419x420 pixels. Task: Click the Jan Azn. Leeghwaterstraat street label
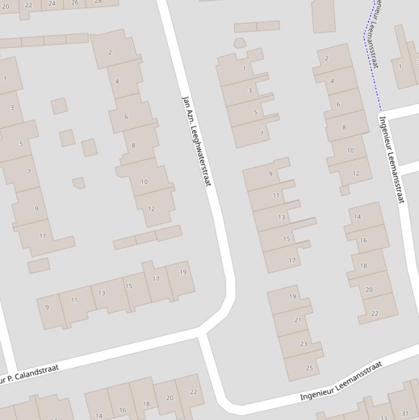tap(196, 140)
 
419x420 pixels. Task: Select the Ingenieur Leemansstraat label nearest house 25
tap(341, 381)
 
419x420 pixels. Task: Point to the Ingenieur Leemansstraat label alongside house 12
tap(392, 159)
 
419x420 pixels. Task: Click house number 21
tap(297, 320)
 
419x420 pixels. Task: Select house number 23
tap(303, 344)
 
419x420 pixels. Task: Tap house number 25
tap(309, 368)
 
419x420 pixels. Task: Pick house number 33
tap(384, 418)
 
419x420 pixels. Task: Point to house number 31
tap(404, 413)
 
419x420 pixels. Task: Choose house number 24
tap(52, 3)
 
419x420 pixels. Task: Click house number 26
tap(75, 3)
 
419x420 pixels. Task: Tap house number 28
tap(98, 2)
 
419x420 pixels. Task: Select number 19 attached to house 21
tap(293, 296)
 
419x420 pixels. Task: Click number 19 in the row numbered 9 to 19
tap(183, 272)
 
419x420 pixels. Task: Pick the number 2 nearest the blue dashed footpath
tap(326, 58)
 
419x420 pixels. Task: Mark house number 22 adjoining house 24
tap(28, 5)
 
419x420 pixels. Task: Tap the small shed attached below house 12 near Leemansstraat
tap(344, 190)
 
